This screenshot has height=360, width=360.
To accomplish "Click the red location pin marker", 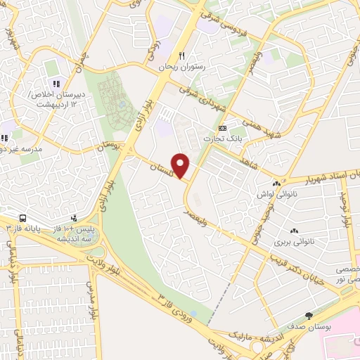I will coord(181,166).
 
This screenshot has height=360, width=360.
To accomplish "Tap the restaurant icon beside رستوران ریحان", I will coord(181,56).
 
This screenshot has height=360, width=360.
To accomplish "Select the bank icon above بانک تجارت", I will coord(222,128).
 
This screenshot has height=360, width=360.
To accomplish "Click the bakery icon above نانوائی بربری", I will coord(294,231).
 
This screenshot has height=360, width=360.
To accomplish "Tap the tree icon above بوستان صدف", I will coord(308,316).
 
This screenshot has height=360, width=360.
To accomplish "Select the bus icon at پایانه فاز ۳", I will coord(22,219).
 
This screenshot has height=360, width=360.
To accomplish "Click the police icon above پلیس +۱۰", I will coord(74,219).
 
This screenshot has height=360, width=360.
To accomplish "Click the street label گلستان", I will coord(163,166).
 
